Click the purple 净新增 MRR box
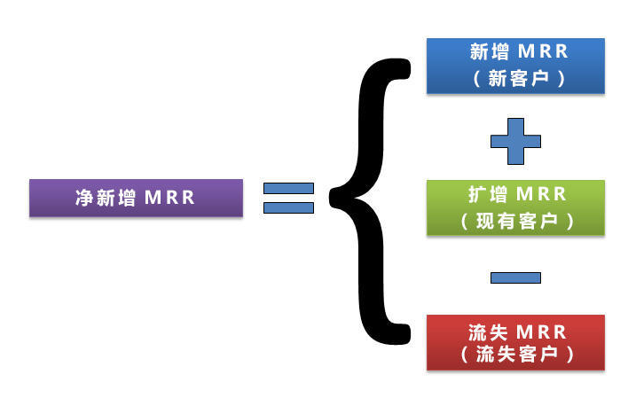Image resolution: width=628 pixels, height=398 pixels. coord(136,198)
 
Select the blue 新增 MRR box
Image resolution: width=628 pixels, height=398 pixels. coord(515,66)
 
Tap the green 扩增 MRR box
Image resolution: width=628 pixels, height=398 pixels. coord(515,207)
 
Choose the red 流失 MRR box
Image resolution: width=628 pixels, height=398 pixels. coord(515,342)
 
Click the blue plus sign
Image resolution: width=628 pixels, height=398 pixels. coord(516,140)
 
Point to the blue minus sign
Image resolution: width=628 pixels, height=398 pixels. coord(516,277)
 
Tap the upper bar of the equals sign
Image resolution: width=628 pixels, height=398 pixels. coord(289,188)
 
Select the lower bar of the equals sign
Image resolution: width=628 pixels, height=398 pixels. coord(289,207)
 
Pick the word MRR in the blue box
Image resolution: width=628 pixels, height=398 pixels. coord(542,52)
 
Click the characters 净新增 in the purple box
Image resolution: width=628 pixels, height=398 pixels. coord(103,198)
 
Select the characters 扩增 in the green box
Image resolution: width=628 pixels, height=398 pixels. coord(487,193)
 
